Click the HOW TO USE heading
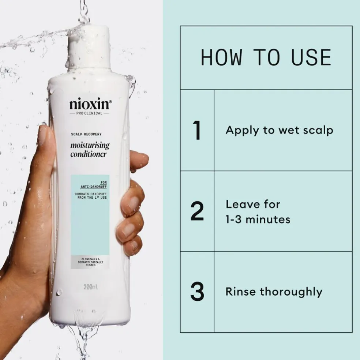click(x=266, y=57)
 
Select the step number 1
click(x=197, y=131)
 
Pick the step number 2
click(x=197, y=211)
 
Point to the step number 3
click(x=197, y=292)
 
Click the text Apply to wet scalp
click(x=279, y=130)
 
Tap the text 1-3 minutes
click(x=258, y=219)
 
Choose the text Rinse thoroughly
click(x=274, y=292)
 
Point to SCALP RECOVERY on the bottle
click(x=86, y=134)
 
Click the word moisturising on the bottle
click(x=90, y=146)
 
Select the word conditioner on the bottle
click(x=88, y=154)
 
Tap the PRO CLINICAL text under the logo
click(x=90, y=113)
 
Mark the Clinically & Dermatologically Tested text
click(x=90, y=262)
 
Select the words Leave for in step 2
click(x=252, y=204)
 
